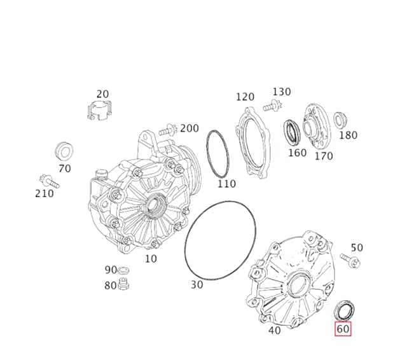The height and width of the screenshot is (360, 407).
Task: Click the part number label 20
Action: point(102,94)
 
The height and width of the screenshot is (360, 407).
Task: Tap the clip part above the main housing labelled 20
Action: point(99,111)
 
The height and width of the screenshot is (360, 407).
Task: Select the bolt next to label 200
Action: point(168,130)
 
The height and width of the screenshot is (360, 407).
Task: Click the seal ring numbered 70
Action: point(65,151)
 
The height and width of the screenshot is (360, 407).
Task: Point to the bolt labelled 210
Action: point(50,181)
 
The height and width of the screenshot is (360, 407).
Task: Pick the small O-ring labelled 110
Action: point(217,154)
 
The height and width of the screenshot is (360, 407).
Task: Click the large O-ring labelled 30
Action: point(220,240)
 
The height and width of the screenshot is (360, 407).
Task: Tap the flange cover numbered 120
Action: point(253,142)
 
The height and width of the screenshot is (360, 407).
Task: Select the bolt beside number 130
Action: point(272,106)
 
